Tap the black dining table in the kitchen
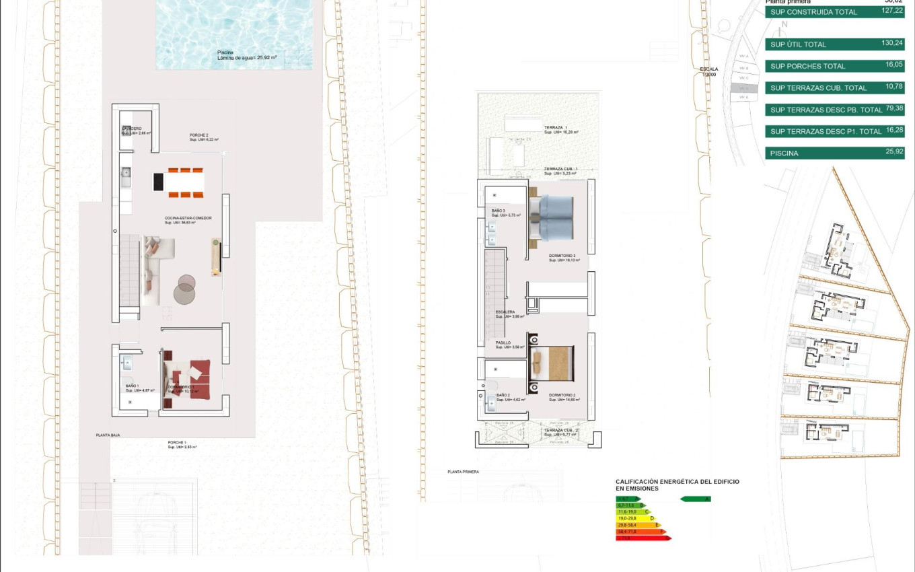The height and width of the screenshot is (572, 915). pos(159,182)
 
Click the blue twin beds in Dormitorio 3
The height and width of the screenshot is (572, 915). pos(552,218)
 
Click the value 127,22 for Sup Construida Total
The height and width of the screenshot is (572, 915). pos(892,11)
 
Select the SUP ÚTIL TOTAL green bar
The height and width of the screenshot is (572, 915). pos(834,44)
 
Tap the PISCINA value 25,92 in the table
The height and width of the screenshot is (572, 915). pos(894,152)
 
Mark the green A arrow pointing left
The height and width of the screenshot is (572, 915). pos(696,499)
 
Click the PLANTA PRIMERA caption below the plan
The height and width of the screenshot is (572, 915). pos(463,472)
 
